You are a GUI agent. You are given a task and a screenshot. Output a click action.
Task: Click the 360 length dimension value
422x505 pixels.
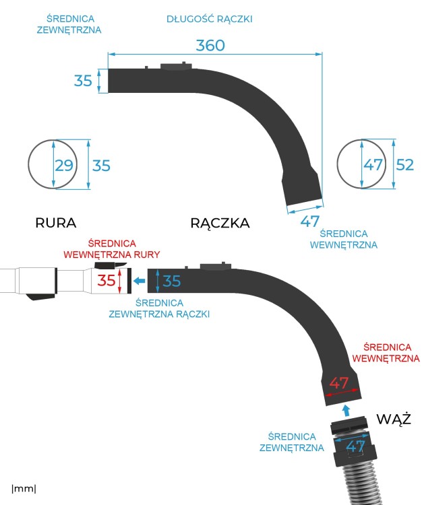tap(210, 45)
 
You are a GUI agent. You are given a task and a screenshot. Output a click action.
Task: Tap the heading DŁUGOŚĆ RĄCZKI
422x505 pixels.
tap(209, 19)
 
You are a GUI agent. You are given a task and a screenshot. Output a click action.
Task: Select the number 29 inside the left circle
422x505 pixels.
tap(63, 165)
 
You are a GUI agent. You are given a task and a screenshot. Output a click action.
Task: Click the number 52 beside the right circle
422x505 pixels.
tap(404, 165)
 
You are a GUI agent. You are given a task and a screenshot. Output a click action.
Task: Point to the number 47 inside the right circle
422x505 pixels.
tap(373, 165)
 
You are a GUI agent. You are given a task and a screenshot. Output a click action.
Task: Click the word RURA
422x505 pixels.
tap(55, 223)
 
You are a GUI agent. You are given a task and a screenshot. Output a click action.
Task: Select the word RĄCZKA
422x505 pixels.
tap(220, 223)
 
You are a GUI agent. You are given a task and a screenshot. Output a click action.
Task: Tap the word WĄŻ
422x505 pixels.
tap(394, 419)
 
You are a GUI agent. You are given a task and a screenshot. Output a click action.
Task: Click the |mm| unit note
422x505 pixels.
tap(24, 487)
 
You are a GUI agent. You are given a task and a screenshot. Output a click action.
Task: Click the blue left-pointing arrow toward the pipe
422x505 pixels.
tap(140, 281)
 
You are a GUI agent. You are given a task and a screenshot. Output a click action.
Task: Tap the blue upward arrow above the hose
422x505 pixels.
tap(346, 409)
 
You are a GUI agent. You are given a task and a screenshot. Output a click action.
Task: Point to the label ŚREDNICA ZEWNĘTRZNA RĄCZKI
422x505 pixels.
tap(159, 308)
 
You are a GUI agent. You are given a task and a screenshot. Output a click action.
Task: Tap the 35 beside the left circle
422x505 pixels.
tap(101, 165)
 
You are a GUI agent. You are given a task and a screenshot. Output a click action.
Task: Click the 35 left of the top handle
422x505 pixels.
tap(83, 81)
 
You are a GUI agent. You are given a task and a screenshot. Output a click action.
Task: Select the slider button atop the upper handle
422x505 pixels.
tap(175, 66)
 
